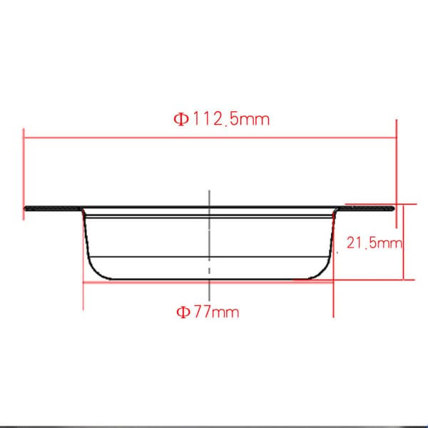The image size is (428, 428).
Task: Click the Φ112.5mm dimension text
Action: [x=221, y=120]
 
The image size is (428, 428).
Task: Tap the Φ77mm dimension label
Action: [x=208, y=312]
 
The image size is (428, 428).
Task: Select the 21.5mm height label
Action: [x=374, y=243]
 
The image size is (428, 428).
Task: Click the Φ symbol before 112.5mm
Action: [x=181, y=120]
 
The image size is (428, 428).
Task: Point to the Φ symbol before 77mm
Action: [x=183, y=312]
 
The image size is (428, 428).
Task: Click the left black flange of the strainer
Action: [x=53, y=208]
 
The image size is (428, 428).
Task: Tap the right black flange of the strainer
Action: [x=367, y=208]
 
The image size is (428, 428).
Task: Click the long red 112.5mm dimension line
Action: [x=210, y=138]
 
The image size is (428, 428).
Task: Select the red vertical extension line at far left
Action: [x=24, y=174]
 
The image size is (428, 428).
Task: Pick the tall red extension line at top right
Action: [x=397, y=173]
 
